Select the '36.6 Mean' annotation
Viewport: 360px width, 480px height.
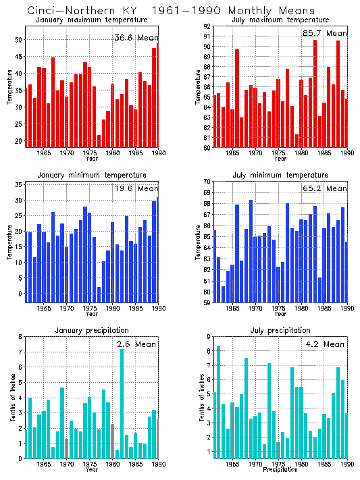[x=135, y=37]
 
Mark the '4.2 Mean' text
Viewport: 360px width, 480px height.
[x=325, y=344]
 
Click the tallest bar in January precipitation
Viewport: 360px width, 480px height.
[x=122, y=405]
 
